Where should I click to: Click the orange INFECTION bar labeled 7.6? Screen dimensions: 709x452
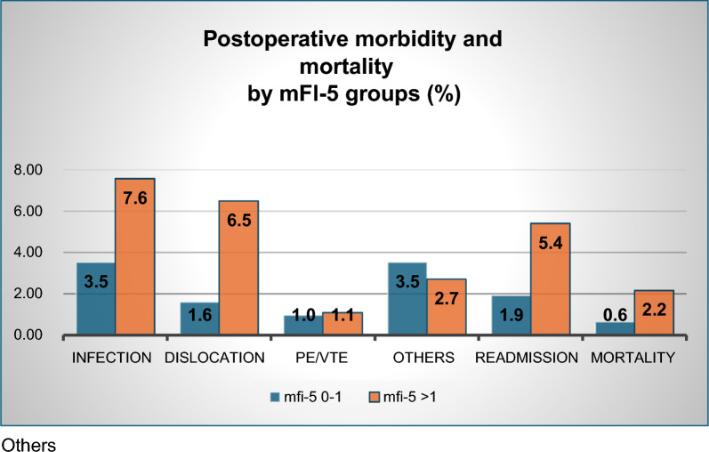[134, 256]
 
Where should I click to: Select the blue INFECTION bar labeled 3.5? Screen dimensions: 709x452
[96, 299]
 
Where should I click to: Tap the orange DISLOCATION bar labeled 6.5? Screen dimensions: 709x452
[238, 268]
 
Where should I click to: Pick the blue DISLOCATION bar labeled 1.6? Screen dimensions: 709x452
[199, 319]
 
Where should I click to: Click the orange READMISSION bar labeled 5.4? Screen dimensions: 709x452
[551, 279]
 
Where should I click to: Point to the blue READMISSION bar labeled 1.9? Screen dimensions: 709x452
[511, 315]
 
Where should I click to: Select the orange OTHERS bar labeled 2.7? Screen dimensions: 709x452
[447, 307]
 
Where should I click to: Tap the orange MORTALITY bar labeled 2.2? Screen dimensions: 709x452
[654, 312]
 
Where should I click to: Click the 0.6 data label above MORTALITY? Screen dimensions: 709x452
[615, 315]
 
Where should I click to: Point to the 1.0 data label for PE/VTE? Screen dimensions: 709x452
[303, 315]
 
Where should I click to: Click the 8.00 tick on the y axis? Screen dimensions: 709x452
[28, 170]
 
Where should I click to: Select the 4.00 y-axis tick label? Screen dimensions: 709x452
[28, 253]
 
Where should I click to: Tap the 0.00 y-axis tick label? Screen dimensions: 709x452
[28, 335]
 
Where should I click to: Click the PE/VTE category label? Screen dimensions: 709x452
[321, 358]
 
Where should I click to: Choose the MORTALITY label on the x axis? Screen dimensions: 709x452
[632, 358]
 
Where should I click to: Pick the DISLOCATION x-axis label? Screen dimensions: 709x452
[214, 358]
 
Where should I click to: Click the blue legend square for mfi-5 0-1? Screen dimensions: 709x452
[275, 397]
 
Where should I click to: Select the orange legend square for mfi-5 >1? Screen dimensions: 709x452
[375, 397]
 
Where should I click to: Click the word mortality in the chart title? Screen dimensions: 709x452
[346, 67]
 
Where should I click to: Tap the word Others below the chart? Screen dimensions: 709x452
[29, 445]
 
